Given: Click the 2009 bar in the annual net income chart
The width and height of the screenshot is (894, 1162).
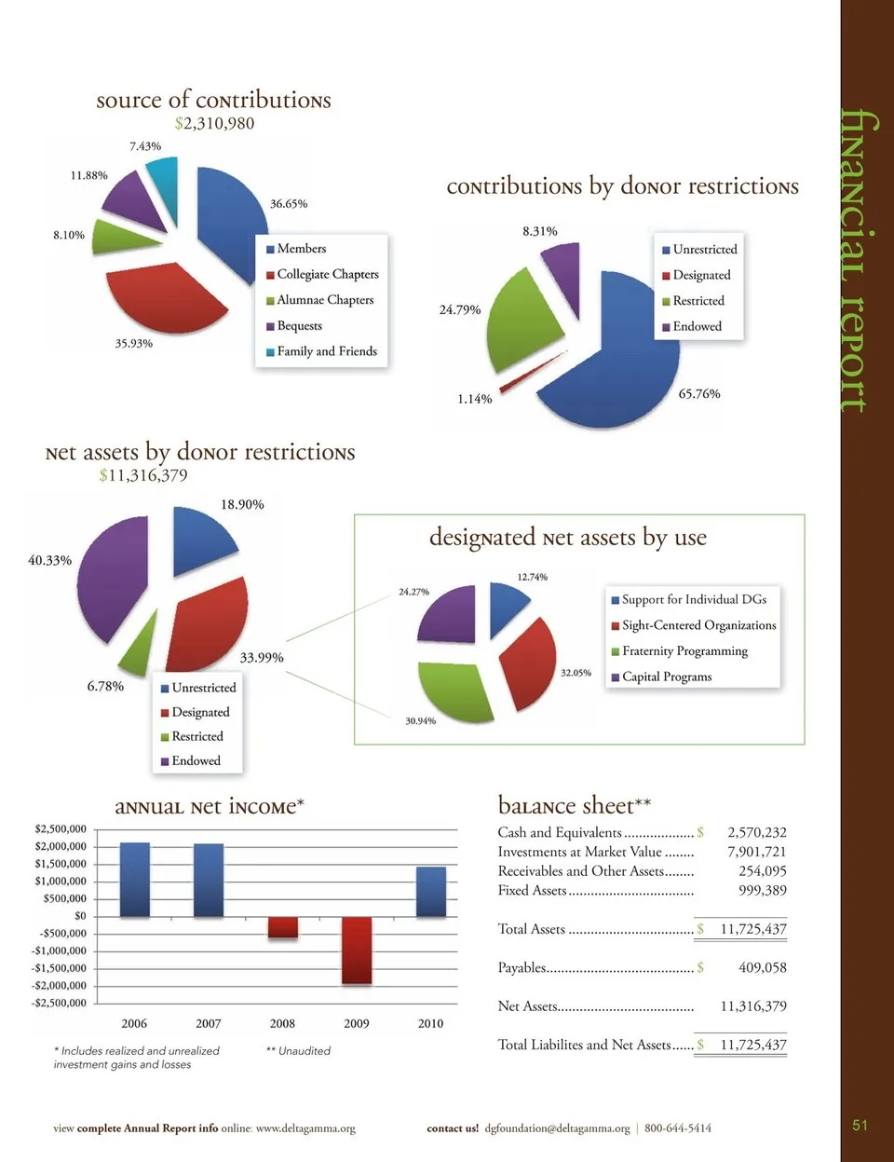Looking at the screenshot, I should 357,950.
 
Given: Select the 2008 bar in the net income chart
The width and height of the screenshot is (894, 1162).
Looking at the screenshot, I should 282,927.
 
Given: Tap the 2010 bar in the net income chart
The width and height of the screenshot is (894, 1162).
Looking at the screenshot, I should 430,892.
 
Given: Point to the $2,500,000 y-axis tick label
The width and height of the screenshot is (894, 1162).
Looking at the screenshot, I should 61,828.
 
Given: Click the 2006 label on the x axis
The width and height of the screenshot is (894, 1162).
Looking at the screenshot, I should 134,1023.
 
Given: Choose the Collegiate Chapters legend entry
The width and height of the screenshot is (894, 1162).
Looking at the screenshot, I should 327,274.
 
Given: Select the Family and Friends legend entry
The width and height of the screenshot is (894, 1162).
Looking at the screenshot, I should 326,351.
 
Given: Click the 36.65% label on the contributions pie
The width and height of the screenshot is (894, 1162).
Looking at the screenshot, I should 289,203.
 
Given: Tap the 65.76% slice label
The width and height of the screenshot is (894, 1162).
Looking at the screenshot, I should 699,393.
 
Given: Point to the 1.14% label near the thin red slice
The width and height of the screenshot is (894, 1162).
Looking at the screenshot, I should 474,399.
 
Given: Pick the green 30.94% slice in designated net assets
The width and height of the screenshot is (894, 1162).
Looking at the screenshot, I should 454,690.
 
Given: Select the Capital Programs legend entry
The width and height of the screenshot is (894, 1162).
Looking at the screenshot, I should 666,677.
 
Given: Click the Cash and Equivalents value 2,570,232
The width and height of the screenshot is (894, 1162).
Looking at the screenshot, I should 756,832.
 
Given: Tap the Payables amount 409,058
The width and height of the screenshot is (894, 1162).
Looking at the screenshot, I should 762,967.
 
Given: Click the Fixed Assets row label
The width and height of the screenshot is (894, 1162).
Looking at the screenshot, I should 532,890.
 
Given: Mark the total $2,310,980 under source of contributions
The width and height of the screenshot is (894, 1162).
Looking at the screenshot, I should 214,123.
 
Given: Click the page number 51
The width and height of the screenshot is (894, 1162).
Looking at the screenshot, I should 860,1125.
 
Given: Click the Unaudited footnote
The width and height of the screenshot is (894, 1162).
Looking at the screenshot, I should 298,1050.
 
